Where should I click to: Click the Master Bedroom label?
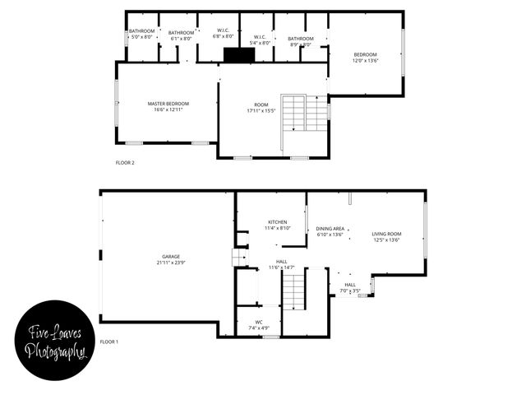point(168,104)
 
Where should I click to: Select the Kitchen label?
point(277,223)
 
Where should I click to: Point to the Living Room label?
point(385,235)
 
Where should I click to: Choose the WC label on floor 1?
point(259,322)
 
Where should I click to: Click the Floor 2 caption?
point(124,162)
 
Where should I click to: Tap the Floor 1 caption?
point(109,341)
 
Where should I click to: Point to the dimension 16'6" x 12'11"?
point(168,109)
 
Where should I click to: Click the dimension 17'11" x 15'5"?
point(261,110)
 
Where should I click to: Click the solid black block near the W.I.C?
point(239,54)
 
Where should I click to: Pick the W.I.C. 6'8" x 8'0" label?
point(223,33)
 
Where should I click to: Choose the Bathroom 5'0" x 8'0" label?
point(141,33)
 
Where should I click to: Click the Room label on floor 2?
point(261,105)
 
